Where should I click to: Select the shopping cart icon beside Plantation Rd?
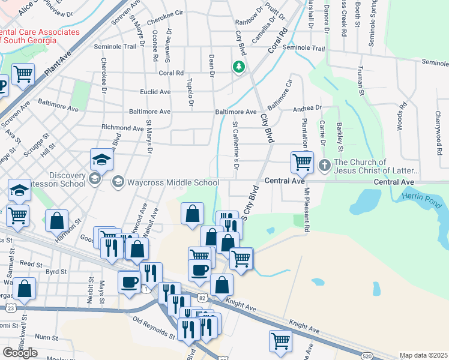click(301, 161)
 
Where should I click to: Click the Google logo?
click(20, 352)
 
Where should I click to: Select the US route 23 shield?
click(11, 307)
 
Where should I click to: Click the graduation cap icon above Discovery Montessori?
click(101, 160)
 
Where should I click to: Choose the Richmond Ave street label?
click(122, 128)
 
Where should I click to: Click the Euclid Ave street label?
click(155, 92)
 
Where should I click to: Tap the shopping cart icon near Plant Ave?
click(23, 74)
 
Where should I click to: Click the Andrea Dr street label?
click(307, 109)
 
